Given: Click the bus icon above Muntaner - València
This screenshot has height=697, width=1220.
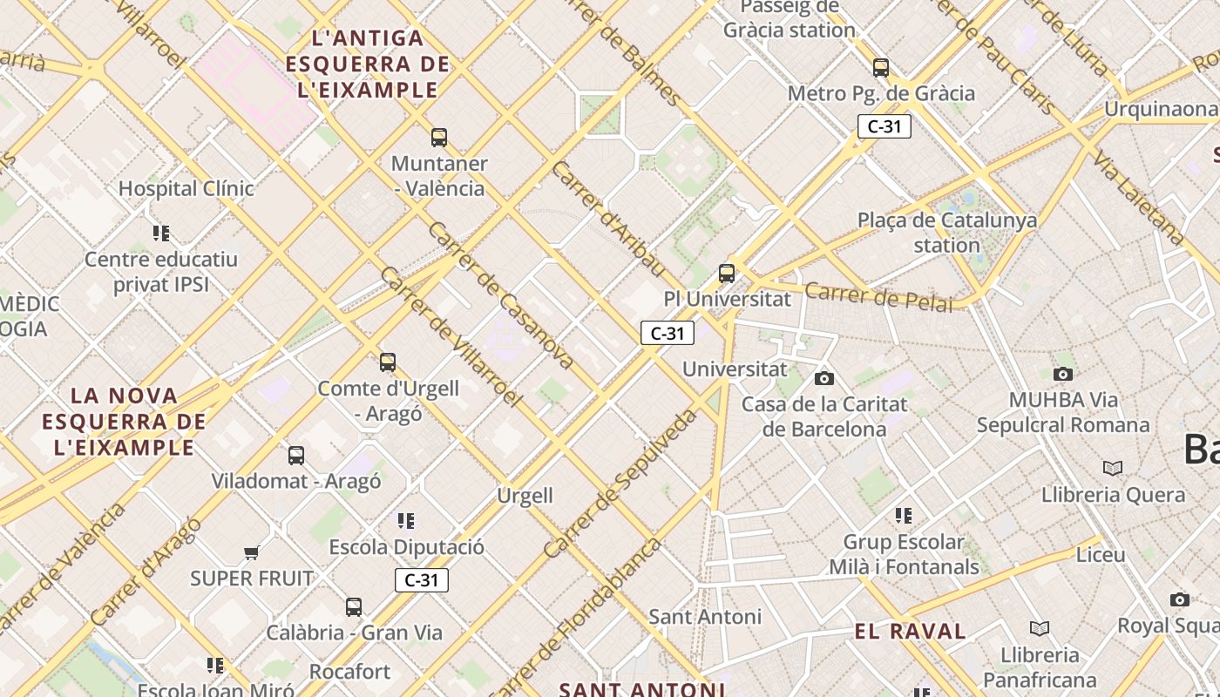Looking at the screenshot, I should [x=439, y=137].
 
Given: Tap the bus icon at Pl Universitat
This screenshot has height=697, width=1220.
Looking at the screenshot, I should [x=727, y=273].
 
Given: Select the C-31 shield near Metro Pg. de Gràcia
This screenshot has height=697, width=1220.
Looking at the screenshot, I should [x=884, y=126].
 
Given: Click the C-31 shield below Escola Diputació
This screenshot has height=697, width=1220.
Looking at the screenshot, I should [x=422, y=580].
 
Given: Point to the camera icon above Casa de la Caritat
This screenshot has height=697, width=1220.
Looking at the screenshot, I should [x=823, y=378].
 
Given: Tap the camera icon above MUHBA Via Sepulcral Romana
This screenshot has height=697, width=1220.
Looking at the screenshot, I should [x=1063, y=374].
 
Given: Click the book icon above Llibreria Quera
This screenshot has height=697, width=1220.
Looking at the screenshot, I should [x=1113, y=469].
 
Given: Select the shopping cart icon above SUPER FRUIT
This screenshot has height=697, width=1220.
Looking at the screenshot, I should [x=252, y=552].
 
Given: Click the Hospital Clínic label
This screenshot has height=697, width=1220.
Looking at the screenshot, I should [x=186, y=188].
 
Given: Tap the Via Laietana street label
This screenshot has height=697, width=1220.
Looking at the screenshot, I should [x=1140, y=197].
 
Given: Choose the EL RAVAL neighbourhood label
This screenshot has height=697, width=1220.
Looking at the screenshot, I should [x=911, y=632].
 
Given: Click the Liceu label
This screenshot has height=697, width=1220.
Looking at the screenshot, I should [x=1101, y=554].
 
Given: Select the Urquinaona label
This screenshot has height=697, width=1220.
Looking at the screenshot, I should [x=1161, y=109].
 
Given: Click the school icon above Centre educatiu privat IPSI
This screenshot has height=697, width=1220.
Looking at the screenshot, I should [x=161, y=233].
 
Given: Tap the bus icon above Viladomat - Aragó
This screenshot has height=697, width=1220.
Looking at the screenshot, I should [x=296, y=455].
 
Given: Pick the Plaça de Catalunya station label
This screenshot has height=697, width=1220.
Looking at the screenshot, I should [x=947, y=233].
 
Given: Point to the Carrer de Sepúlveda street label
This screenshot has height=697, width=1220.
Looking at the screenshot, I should [x=620, y=484].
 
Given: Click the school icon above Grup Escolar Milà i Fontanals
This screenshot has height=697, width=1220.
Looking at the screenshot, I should [x=904, y=516].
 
